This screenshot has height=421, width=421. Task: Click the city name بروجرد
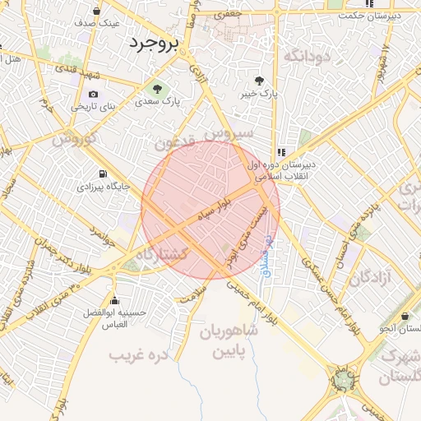point(152,44)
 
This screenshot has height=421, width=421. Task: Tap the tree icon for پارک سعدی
point(154,87)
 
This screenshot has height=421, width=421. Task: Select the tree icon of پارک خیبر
point(260,81)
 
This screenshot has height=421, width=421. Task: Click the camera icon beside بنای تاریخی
point(92,95)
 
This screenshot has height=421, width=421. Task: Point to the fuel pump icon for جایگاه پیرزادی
point(103,173)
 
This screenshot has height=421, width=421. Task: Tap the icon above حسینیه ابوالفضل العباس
point(114,300)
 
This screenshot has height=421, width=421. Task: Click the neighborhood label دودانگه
point(306,56)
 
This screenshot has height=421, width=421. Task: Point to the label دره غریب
point(139,355)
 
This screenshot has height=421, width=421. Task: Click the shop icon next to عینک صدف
point(97,12)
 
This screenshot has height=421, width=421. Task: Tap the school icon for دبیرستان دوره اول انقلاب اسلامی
point(282,152)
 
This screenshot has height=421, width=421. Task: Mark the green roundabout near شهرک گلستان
point(340,380)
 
